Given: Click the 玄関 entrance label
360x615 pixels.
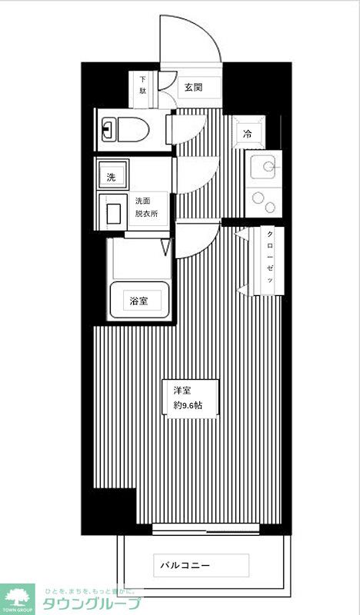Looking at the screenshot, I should pos(193,86).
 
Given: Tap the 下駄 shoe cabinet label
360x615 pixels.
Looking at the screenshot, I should pos(143,85).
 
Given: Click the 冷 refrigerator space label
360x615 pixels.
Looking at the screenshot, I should pos(248,134).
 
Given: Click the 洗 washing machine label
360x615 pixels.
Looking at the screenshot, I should pos(112,177).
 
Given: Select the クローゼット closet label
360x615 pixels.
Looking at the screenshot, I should pos(270,260).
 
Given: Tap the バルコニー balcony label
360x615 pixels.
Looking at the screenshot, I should pos(185,566).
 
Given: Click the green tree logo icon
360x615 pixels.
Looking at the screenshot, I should pos(18,597).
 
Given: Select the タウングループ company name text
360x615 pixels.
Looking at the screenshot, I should pos(92,603).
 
